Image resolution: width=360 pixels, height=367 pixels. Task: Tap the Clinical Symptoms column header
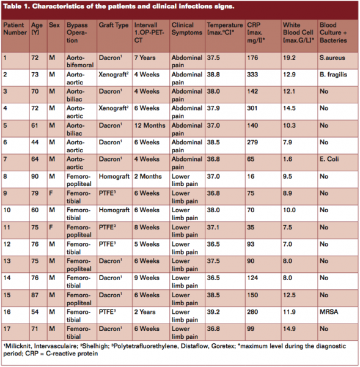click(x=185, y=29)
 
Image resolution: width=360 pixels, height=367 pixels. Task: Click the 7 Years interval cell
click(x=146, y=58)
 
